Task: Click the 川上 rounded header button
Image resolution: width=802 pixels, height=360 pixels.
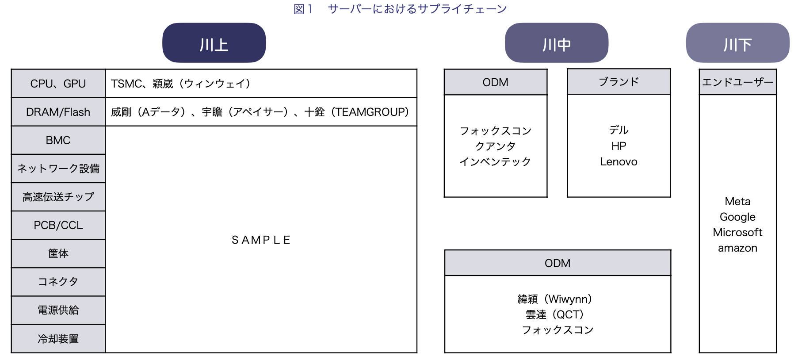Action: (x=214, y=43)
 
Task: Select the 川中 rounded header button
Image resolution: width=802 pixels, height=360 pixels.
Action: (x=557, y=43)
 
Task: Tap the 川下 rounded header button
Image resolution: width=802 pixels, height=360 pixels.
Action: (x=737, y=43)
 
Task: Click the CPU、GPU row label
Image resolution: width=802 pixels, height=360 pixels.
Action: (x=58, y=84)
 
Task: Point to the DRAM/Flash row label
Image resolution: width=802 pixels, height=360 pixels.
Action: (x=58, y=112)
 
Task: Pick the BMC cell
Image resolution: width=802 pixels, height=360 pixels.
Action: (x=58, y=140)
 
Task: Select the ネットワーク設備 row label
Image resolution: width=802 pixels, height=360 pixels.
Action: (x=58, y=169)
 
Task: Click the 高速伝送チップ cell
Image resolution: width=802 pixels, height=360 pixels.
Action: (x=58, y=197)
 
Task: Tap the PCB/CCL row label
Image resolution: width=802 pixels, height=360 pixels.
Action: (x=58, y=225)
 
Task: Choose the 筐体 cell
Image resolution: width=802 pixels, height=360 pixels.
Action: (x=58, y=253)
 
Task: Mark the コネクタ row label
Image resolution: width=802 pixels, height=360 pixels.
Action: (x=58, y=282)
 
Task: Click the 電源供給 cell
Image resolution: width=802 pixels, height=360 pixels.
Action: (x=58, y=310)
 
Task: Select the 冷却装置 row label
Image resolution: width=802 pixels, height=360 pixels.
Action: (x=58, y=339)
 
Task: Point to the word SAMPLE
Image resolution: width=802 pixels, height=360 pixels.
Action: (x=261, y=240)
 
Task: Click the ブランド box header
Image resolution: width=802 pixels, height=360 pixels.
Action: (x=619, y=81)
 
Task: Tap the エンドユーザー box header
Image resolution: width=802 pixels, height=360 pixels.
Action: (x=737, y=82)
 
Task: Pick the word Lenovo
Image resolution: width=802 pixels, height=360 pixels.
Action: (x=619, y=162)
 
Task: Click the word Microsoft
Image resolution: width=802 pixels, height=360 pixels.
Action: (x=737, y=232)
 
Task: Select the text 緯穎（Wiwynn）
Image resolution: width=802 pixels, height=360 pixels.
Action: (x=555, y=299)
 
